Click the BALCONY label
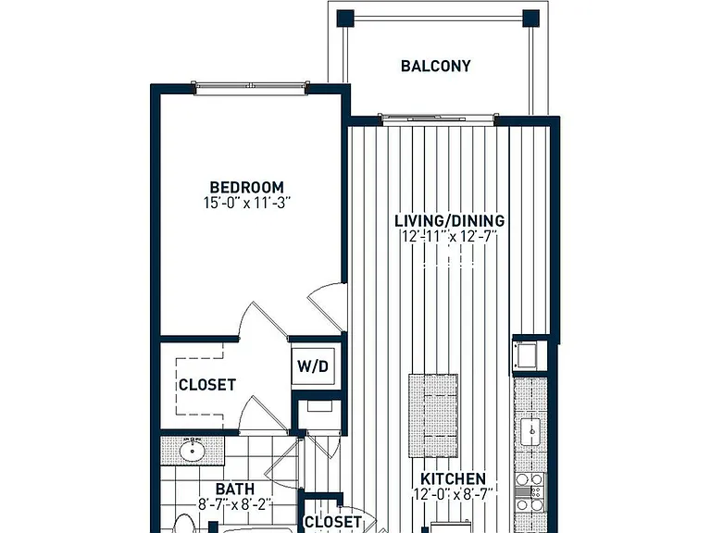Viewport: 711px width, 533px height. click(435, 67)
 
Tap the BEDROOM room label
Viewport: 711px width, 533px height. click(246, 187)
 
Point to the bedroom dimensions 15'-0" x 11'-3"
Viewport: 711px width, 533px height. click(246, 203)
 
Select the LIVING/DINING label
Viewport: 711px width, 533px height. click(449, 221)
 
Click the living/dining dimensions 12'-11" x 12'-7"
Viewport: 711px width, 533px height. click(449, 236)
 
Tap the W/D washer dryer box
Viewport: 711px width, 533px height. click(313, 366)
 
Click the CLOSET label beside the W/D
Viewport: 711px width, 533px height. click(207, 385)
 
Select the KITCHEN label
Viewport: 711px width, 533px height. click(453, 479)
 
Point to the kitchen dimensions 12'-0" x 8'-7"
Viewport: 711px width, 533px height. click(453, 494)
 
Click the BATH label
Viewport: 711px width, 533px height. click(235, 489)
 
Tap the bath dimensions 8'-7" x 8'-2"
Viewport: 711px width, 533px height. click(235, 503)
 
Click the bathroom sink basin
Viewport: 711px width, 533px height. click(193, 451)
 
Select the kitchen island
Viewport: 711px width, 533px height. click(433, 415)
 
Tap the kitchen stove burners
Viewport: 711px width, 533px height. click(530, 492)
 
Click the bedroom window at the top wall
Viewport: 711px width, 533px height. click(251, 88)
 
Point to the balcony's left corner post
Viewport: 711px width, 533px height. click(345, 19)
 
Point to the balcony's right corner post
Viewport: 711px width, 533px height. click(531, 19)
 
